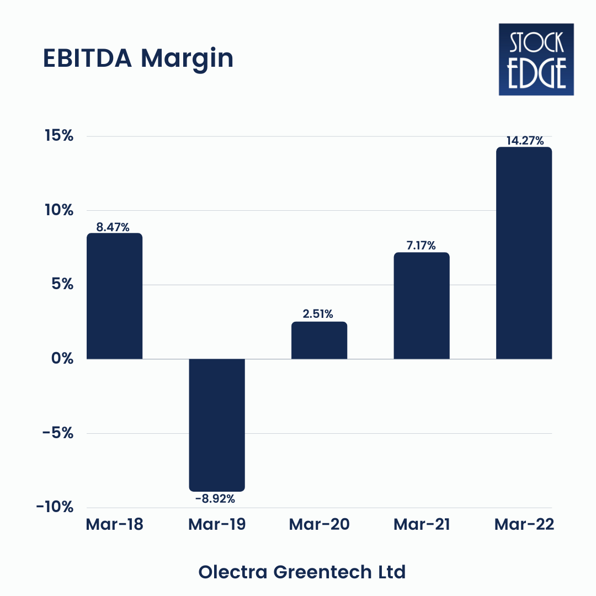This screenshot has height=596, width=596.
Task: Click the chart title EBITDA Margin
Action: pos(138,58)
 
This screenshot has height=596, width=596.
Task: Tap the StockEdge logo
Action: pos(536,59)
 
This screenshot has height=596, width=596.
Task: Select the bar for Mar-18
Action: pos(114,296)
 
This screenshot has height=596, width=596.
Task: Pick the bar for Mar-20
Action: pos(319,340)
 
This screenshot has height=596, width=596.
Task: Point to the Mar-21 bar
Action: pos(422,306)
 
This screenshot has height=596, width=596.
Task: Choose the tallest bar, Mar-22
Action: pos(524,253)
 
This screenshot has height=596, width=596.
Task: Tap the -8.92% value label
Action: pos(215,499)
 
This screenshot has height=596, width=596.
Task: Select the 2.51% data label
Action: pos(318,314)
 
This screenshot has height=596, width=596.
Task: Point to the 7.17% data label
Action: pos(421,246)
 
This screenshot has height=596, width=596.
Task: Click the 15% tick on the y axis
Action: pos(59,136)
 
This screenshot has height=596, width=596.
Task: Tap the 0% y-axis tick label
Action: pos(62,359)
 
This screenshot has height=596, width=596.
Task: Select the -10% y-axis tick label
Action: pos(55,507)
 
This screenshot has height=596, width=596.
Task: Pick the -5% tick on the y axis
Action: pos(58,433)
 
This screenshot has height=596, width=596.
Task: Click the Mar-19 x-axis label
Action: pos(217,524)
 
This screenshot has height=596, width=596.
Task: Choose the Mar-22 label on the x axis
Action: pos(524,524)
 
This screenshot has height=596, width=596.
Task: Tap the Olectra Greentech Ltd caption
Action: pos(302,572)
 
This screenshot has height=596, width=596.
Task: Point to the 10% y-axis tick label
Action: pos(59,210)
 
